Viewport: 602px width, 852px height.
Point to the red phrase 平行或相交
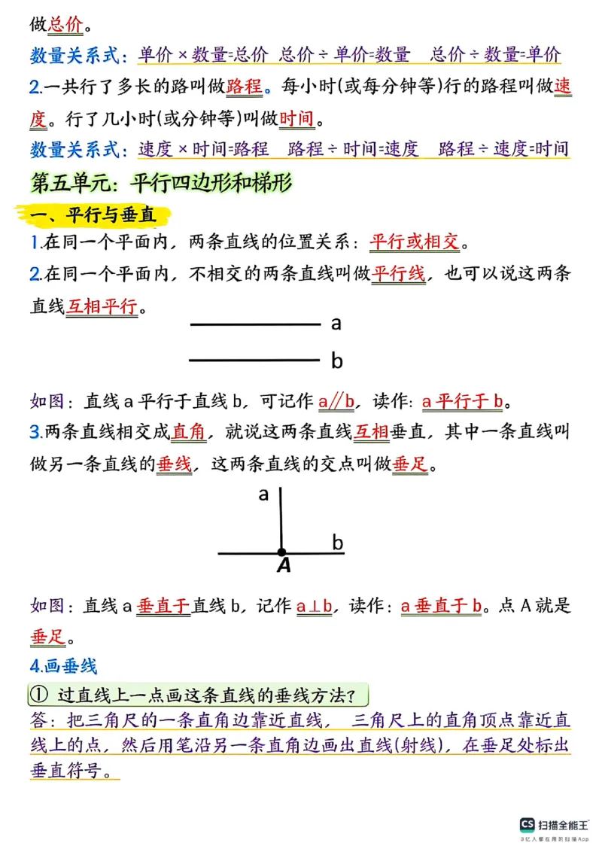coord(415,242)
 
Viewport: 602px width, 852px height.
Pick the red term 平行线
coord(399,274)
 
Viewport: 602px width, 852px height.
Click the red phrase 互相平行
coord(102,306)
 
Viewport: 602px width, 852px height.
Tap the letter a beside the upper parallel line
coord(336,324)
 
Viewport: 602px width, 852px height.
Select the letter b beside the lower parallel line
coord(336,361)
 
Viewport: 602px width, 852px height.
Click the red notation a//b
coord(336,401)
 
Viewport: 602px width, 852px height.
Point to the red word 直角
coord(189,432)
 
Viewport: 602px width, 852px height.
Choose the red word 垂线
coord(174,464)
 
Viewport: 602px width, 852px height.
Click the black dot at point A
coord(281,552)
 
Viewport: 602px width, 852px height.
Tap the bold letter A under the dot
coord(284,566)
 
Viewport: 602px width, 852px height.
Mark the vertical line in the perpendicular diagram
coord(280,519)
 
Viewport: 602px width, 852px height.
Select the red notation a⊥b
coord(315,606)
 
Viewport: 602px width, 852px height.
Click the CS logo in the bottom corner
coord(528,826)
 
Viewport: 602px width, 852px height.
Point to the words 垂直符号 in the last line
coord(84,771)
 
